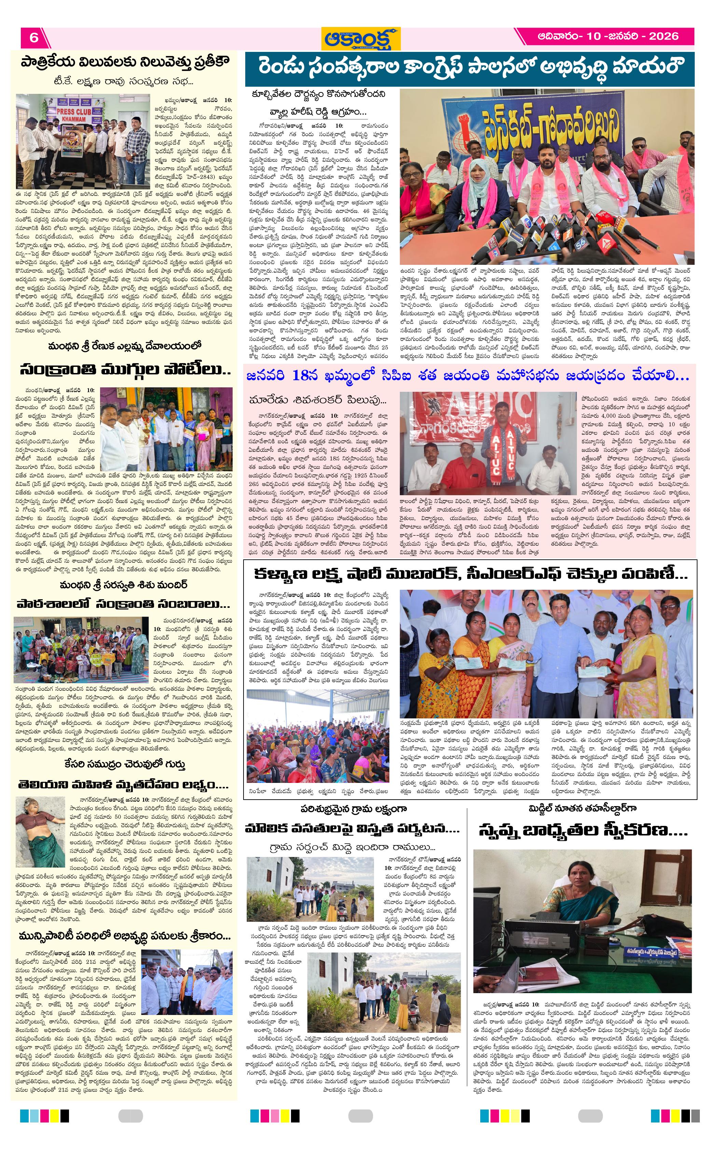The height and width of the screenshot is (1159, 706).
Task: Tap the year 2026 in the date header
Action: pyautogui.click(x=664, y=36)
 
